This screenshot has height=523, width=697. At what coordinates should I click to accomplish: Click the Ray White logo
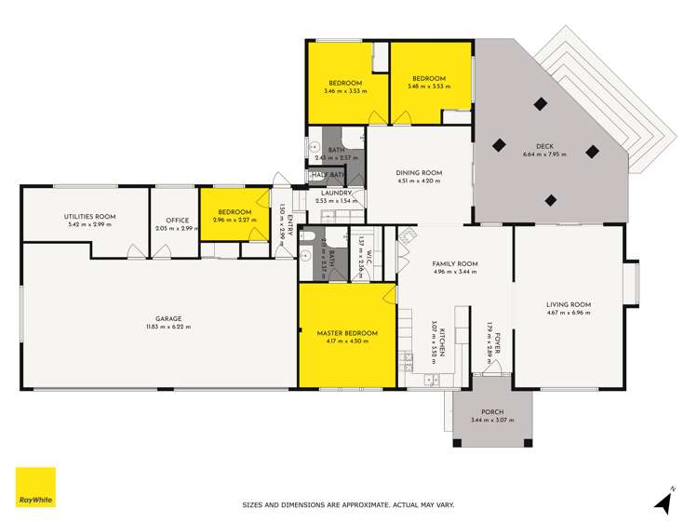click(x=35, y=487)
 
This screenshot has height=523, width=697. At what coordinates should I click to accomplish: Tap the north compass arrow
click(x=663, y=503)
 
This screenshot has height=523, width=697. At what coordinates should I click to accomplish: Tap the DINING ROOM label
click(x=419, y=173)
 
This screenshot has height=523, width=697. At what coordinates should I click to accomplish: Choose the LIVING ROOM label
click(x=569, y=304)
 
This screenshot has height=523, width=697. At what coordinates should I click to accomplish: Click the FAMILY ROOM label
click(x=454, y=263)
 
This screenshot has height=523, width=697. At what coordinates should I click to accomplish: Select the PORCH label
click(x=492, y=412)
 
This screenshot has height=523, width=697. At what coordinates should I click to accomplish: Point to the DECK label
click(x=544, y=146)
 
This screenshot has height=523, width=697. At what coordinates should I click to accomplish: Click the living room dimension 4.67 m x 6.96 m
click(x=569, y=313)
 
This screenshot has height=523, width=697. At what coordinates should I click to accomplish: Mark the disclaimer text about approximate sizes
click(x=348, y=505)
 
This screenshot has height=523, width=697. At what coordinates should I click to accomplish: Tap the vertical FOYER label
click(x=496, y=343)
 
